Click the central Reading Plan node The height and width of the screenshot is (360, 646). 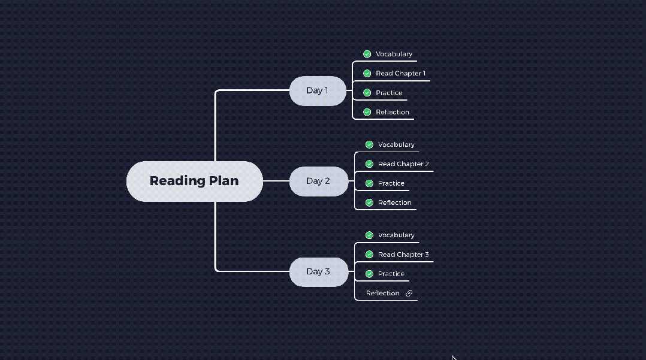(194, 181)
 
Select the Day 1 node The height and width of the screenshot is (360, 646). (318, 90)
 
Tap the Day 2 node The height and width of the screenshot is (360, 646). (318, 181)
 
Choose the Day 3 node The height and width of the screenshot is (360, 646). (318, 271)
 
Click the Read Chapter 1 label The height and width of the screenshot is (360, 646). (400, 74)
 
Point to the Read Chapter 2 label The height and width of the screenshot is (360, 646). (403, 164)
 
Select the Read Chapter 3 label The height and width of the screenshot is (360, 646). (403, 255)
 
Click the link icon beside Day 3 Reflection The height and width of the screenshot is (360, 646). (409, 294)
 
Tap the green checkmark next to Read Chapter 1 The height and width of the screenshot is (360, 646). (367, 74)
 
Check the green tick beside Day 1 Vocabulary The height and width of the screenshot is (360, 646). (367, 54)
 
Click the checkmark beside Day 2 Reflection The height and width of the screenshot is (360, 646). (369, 202)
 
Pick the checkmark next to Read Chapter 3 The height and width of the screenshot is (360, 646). (369, 255)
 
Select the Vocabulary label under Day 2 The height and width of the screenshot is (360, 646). (396, 144)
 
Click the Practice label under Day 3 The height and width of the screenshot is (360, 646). (391, 274)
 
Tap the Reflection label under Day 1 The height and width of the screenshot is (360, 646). (393, 112)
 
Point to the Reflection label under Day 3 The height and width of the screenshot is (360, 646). (382, 294)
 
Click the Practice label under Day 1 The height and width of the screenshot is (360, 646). (389, 93)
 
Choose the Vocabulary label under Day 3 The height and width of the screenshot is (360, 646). (396, 235)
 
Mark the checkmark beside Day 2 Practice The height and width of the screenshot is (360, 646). (369, 183)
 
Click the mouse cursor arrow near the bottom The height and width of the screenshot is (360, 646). (454, 358)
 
